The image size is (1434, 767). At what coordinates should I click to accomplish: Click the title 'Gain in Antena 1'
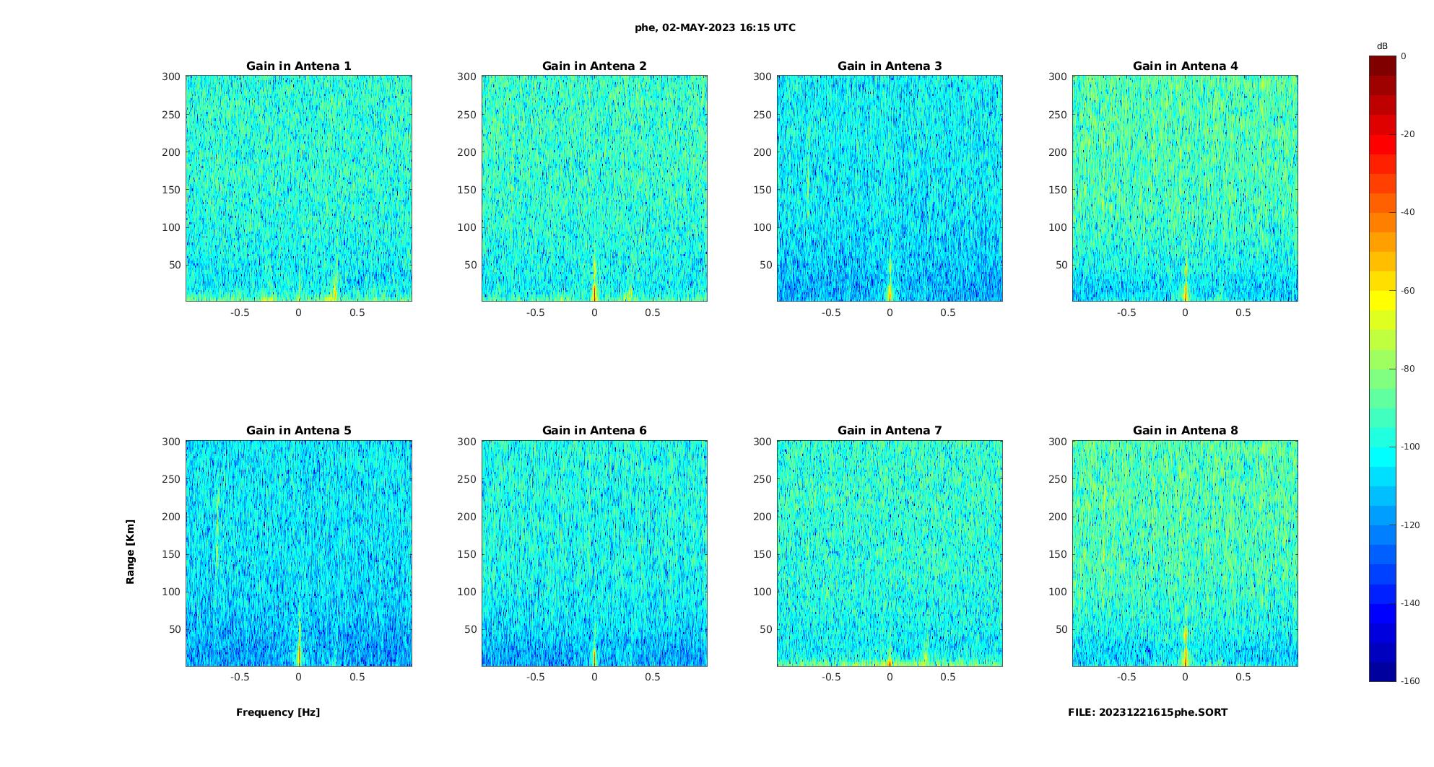point(298,66)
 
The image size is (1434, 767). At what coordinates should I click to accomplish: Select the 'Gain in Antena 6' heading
point(594,430)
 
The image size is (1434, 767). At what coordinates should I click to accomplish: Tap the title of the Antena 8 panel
point(1185,430)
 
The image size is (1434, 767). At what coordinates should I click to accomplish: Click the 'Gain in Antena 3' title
point(890,66)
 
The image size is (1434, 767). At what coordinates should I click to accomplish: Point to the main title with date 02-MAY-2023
point(715,27)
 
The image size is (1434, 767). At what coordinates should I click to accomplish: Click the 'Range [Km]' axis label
point(131,551)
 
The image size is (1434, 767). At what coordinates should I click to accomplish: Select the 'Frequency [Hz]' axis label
point(278,712)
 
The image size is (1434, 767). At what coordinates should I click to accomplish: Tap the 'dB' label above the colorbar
point(1382,46)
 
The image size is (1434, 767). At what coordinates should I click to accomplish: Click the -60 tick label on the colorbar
point(1408,291)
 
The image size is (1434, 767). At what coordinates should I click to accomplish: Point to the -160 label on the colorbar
point(1410,681)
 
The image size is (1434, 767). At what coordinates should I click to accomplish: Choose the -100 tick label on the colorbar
point(1410,447)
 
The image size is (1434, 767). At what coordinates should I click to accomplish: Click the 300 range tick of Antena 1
point(171,76)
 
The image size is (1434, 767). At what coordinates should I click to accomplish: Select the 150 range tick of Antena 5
point(171,554)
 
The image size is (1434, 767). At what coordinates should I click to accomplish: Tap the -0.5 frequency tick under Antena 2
point(535,312)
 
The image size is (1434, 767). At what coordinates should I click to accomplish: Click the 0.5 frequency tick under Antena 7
point(948,677)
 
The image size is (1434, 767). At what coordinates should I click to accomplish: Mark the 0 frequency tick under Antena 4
point(1185,312)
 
